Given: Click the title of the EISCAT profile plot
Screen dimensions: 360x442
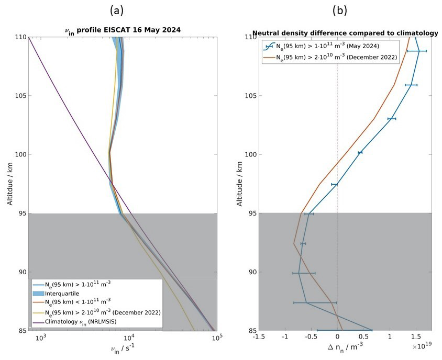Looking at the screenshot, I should (123, 31).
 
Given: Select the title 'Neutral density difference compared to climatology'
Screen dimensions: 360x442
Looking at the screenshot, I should (345, 33).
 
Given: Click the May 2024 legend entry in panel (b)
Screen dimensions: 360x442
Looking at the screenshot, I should (319, 46).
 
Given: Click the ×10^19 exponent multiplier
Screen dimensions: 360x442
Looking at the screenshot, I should (421, 347).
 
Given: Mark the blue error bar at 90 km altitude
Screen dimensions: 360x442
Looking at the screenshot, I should (304, 273).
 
